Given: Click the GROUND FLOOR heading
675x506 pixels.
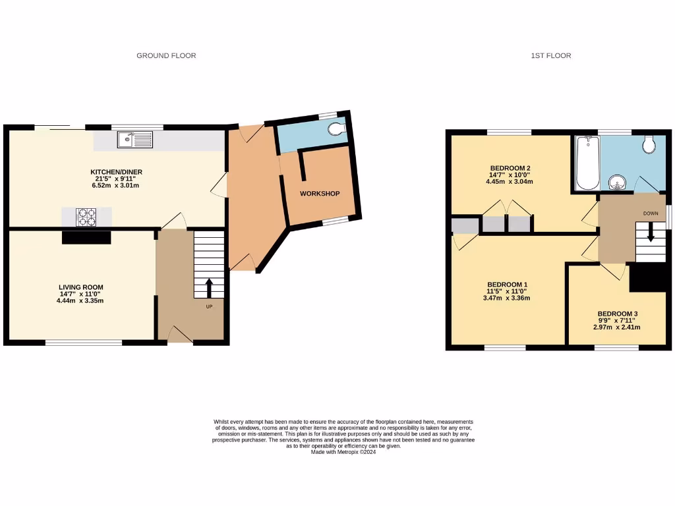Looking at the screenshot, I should (x=166, y=56).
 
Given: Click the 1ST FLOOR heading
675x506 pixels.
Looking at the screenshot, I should (x=550, y=56).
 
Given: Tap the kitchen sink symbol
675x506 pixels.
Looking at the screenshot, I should (x=134, y=139).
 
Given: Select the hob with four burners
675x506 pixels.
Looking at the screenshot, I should (x=86, y=217).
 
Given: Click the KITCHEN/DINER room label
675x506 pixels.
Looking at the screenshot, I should (x=116, y=173).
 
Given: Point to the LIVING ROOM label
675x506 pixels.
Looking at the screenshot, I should (x=80, y=287).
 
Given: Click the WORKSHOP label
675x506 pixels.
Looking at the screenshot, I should (x=320, y=194).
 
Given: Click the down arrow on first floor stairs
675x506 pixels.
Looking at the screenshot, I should (x=651, y=232).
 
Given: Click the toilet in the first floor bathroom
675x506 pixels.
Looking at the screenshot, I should (x=649, y=143).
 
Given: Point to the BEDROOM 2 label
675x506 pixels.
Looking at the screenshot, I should (x=511, y=168).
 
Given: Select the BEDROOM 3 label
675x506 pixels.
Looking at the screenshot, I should (x=618, y=314).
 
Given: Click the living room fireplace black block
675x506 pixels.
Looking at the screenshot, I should (x=86, y=237).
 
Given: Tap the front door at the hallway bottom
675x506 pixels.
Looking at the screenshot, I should (x=179, y=337).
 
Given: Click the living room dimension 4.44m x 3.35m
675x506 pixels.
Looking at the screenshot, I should (x=80, y=300).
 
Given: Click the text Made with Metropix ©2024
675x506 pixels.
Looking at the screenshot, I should (x=343, y=452).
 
